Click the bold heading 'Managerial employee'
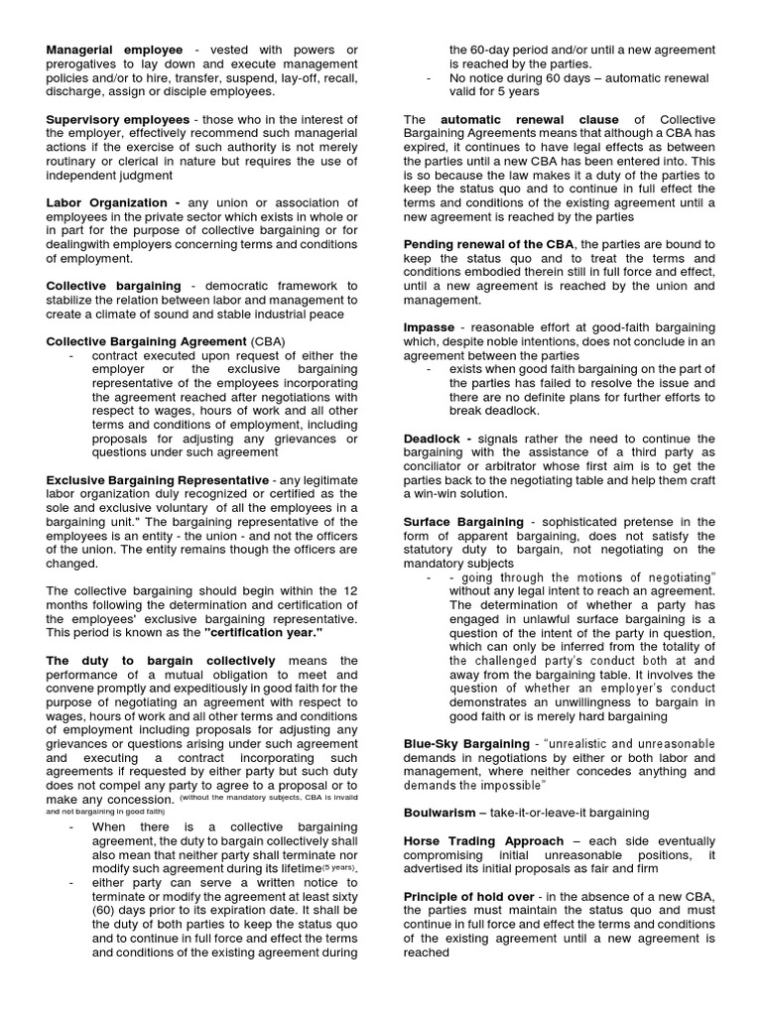pyautogui.click(x=115, y=49)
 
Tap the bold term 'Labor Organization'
pyautogui.click(x=105, y=202)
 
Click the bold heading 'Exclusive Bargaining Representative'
pyautogui.click(x=158, y=480)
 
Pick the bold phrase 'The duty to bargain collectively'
pyautogui.click(x=161, y=661)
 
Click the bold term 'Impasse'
pyautogui.click(x=430, y=327)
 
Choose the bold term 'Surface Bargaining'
pyautogui.click(x=464, y=522)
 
